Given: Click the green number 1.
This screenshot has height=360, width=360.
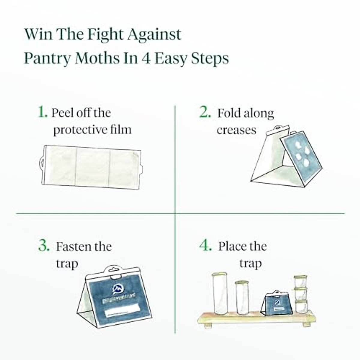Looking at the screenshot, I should pos(42,112).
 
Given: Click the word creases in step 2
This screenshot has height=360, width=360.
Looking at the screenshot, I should pos(236,130).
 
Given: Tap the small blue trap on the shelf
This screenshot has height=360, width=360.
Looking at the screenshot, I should pos(276,303).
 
